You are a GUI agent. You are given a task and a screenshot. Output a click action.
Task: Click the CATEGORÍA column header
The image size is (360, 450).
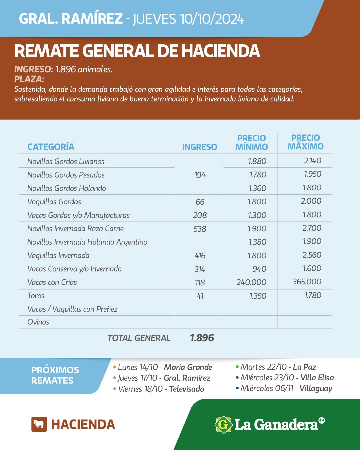coord(51,147)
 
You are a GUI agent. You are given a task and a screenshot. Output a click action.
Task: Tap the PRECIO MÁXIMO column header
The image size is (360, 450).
coord(305,142)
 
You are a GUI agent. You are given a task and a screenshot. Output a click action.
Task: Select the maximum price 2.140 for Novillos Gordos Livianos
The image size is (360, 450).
coord(312,161)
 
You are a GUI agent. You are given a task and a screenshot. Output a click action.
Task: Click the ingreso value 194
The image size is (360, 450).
coord(200,175)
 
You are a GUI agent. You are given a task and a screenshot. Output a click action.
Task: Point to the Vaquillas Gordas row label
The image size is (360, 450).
coord(54,202)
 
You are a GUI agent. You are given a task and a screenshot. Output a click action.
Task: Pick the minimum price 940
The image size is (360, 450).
coord(259,269)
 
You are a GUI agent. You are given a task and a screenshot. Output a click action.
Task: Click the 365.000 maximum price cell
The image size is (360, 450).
coord(307,282)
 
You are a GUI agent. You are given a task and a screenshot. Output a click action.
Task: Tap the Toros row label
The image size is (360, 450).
coord(36,296)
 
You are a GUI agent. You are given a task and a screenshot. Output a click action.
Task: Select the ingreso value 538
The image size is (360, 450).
coord(200,229)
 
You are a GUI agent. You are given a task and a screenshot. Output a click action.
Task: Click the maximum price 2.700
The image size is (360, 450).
coord(312,228)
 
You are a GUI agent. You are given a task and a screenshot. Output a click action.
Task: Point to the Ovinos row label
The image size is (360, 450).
coord(38,322)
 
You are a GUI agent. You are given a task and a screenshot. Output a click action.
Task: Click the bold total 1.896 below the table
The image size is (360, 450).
coord(202,338)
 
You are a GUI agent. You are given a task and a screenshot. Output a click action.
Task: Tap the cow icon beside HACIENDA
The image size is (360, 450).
coord(39,424)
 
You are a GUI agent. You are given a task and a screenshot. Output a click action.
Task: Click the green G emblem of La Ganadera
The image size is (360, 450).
coord(223,425)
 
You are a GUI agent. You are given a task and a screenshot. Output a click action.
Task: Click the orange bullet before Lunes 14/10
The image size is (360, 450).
coord(115,367)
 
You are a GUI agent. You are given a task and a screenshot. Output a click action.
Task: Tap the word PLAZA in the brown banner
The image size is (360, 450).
coord(29,79)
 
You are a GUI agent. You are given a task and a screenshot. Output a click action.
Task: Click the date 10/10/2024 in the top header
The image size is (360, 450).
coord(212,19)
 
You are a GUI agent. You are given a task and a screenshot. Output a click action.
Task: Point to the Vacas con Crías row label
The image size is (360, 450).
coord(52,282)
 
